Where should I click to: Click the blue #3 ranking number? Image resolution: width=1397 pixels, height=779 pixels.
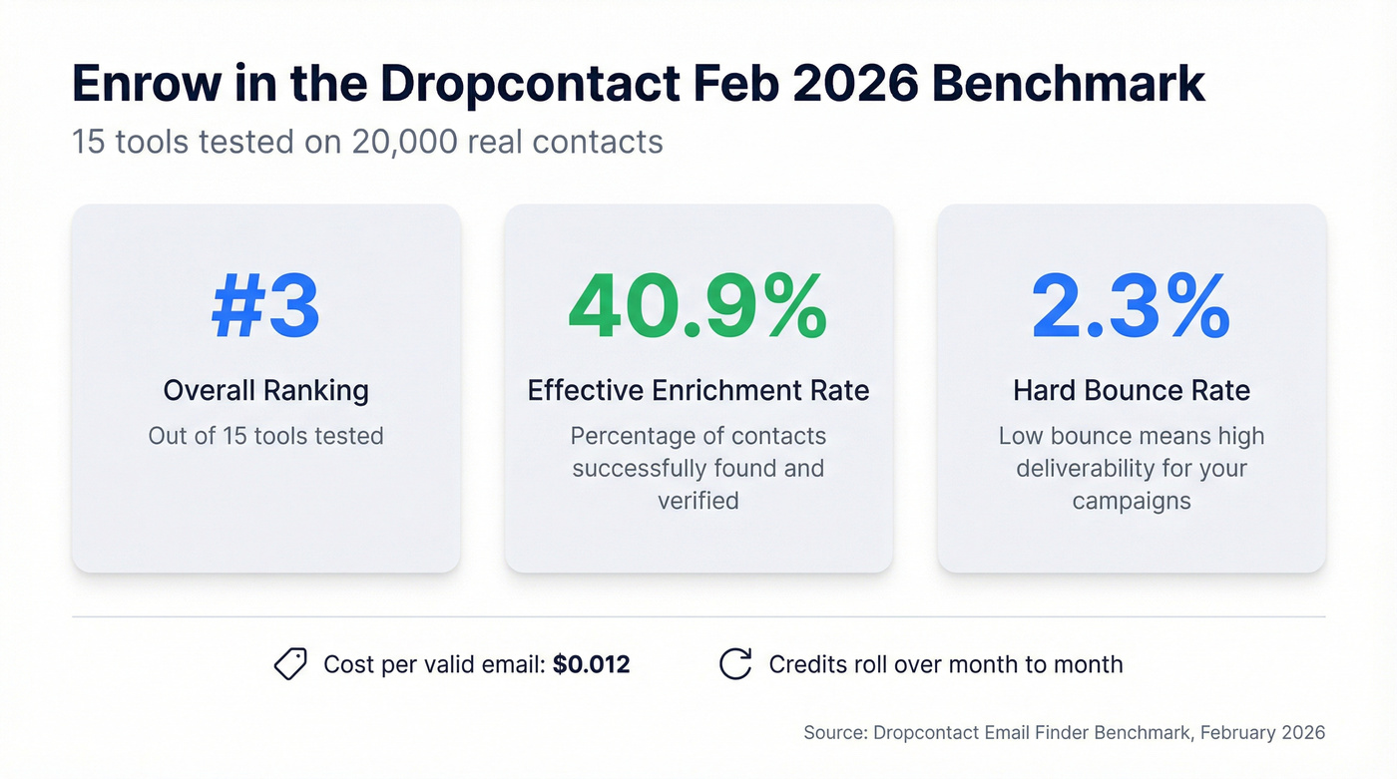tap(265, 307)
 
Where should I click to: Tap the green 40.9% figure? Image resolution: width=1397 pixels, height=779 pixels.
tap(698, 307)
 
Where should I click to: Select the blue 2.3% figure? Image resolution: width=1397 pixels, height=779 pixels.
tap(1131, 307)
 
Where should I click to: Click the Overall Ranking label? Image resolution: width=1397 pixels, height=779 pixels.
tap(265, 390)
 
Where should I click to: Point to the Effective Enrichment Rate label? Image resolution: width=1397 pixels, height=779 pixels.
tap(698, 390)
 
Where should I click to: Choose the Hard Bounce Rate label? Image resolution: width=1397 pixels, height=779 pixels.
tap(1131, 390)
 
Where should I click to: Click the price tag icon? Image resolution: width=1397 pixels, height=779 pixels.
tap(290, 664)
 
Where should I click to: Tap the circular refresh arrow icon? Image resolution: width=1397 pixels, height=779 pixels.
tap(735, 664)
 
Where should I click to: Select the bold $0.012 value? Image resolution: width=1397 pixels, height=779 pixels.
tap(591, 664)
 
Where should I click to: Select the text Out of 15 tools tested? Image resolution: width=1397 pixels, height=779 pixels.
tap(265, 436)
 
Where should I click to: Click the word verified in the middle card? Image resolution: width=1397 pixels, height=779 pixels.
tap(698, 500)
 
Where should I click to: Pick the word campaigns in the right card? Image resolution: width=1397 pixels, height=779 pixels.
tap(1131, 500)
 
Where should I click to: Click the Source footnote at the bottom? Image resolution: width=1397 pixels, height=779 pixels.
tap(1064, 732)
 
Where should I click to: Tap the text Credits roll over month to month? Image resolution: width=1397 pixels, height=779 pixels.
tap(945, 664)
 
